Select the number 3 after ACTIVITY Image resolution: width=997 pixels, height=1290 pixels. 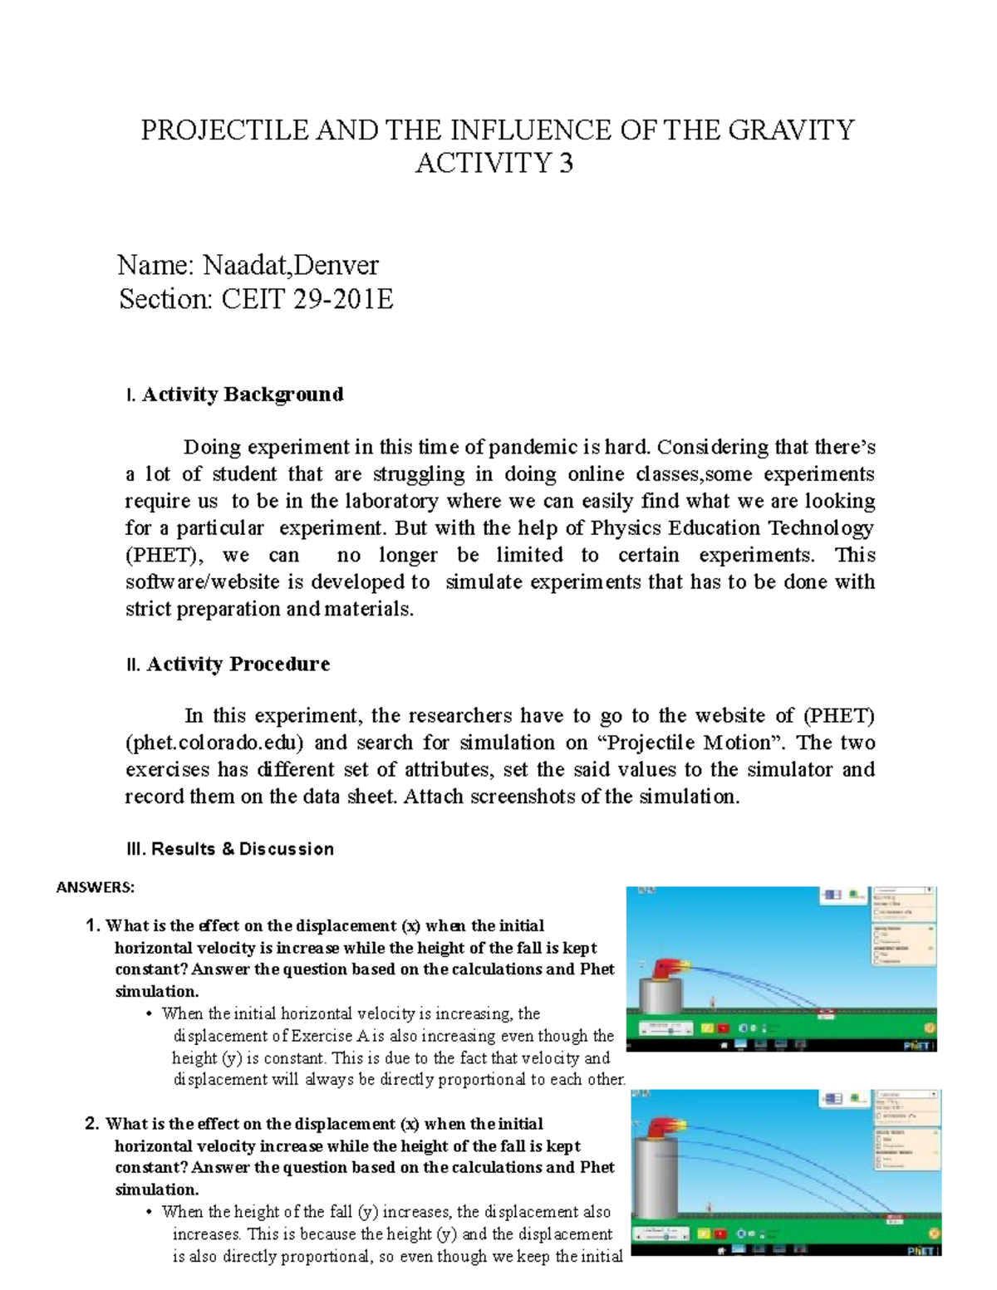pyautogui.click(x=566, y=164)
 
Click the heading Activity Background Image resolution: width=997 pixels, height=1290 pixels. pyautogui.click(x=242, y=394)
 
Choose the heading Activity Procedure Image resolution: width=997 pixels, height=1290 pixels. pyautogui.click(x=238, y=664)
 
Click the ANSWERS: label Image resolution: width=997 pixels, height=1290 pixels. pyautogui.click(x=94, y=887)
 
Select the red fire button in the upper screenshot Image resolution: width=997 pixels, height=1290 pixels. pyautogui.click(x=723, y=1028)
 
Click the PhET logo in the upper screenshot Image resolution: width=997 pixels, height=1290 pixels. pyautogui.click(x=919, y=1044)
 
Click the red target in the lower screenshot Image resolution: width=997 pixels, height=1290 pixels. pyautogui.click(x=895, y=1220)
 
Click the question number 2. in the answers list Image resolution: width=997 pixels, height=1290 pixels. pyautogui.click(x=93, y=1124)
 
